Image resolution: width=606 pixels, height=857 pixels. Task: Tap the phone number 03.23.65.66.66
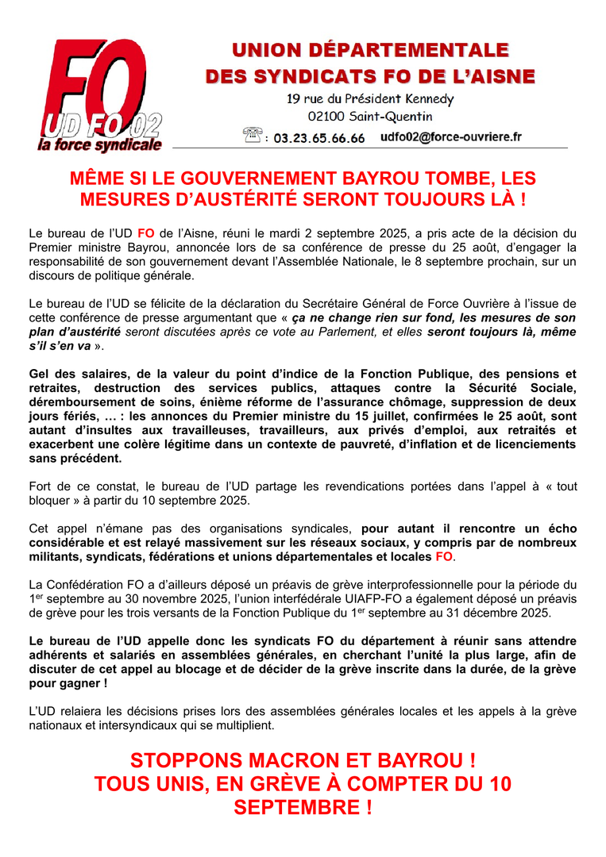point(319,138)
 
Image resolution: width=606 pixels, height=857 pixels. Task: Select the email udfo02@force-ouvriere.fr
point(451,137)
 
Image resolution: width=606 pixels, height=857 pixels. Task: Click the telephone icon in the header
point(253,136)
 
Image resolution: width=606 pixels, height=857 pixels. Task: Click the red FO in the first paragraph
point(145,234)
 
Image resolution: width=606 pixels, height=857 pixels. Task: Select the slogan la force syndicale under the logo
point(99,145)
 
